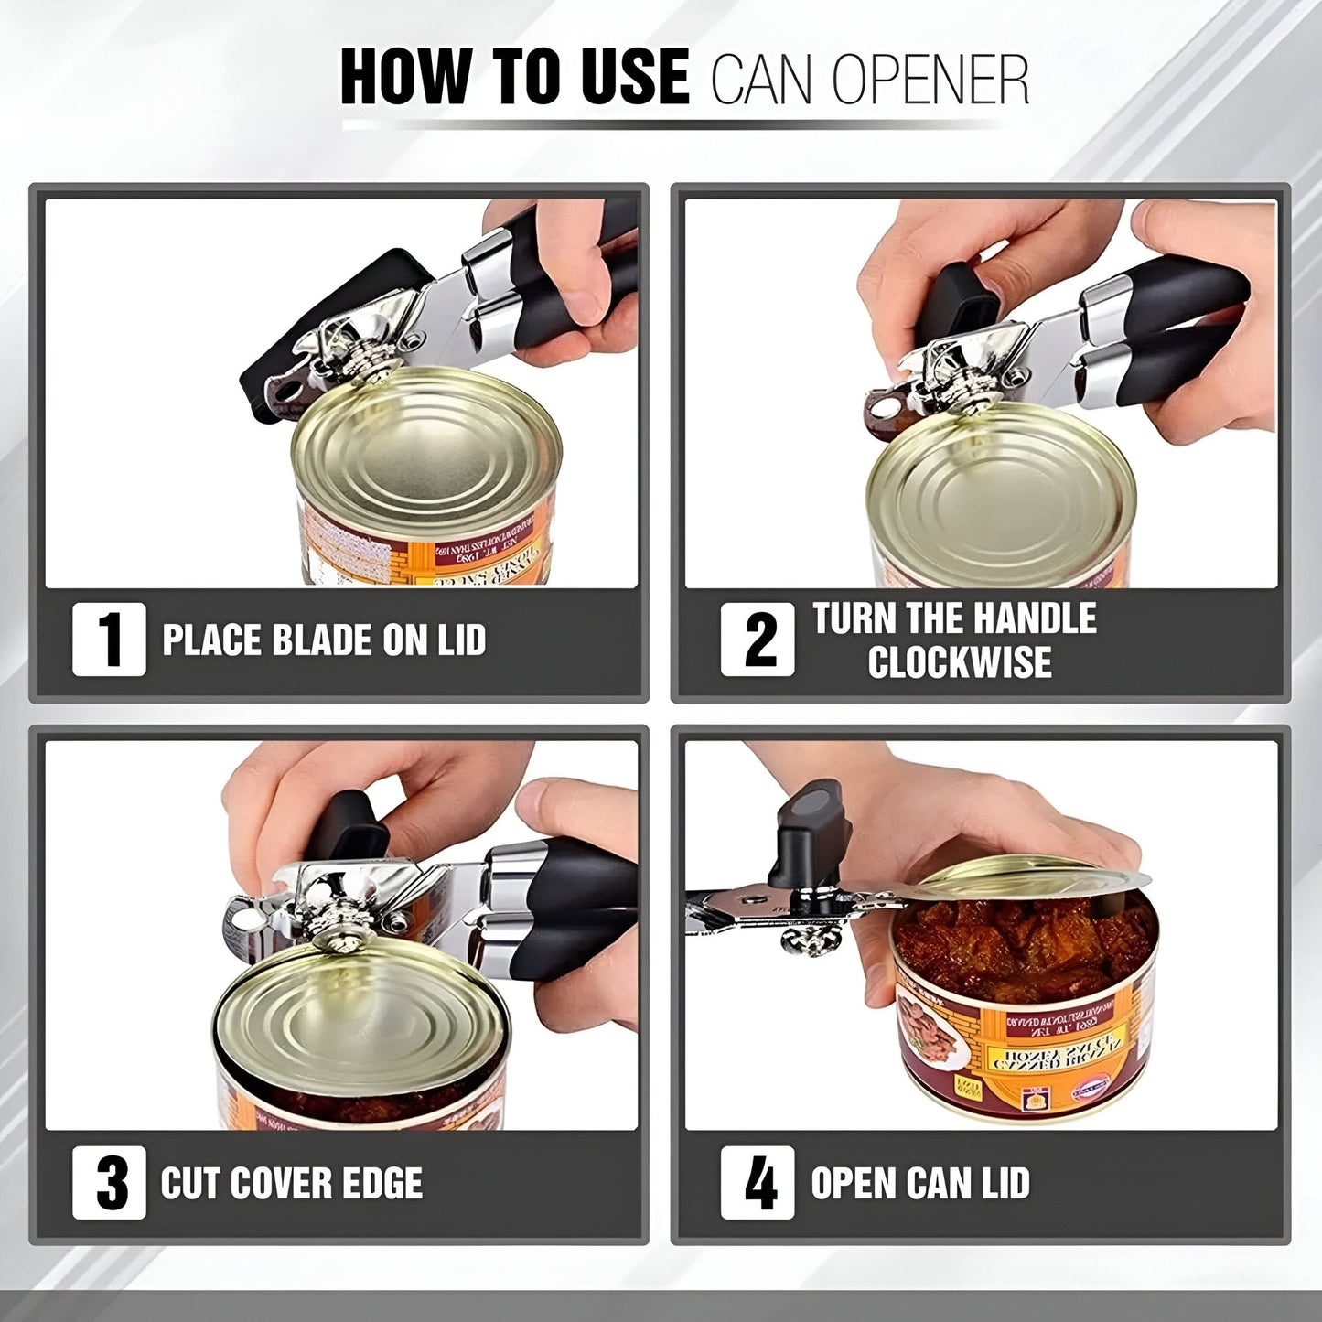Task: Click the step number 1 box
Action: pyautogui.click(x=109, y=640)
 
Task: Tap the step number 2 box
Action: pyautogui.click(x=758, y=640)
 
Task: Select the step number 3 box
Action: pyautogui.click(x=109, y=1182)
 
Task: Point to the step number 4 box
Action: pyautogui.click(x=758, y=1182)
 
